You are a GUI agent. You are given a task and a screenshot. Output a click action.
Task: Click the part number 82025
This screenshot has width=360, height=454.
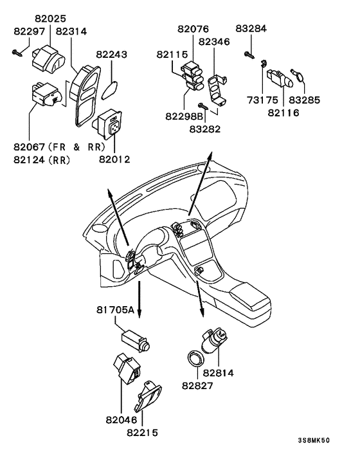pyautogui.click(x=51, y=19)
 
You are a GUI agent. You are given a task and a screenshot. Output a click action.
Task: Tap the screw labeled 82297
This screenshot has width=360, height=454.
pyautogui.click(x=17, y=53)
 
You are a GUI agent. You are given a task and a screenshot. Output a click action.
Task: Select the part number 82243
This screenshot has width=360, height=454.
pyautogui.click(x=112, y=55)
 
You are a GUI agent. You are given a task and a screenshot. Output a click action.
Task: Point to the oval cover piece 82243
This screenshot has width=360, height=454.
pyautogui.click(x=110, y=89)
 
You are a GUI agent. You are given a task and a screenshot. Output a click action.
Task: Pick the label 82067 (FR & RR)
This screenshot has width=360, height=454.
pyautogui.click(x=59, y=147)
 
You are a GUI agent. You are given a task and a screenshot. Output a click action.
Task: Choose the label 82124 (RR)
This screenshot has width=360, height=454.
pyautogui.click(x=42, y=160)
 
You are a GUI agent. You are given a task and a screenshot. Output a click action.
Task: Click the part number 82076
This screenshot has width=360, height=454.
pyautogui.click(x=193, y=29)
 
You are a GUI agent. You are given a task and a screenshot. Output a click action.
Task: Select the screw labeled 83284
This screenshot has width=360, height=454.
pyautogui.click(x=249, y=55)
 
